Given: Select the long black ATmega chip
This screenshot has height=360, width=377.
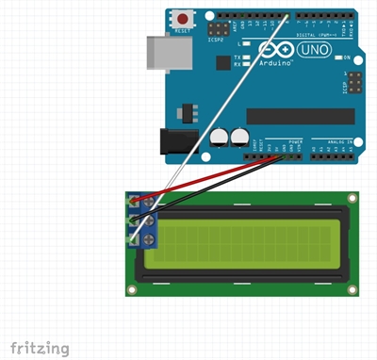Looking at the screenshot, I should coord(298,115).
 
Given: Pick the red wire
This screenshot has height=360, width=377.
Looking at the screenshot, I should coord(217,179).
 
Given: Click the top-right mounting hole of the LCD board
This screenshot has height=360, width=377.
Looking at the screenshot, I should coord(352,198).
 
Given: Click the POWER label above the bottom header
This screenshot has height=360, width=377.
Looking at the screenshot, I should coord(293,139).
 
